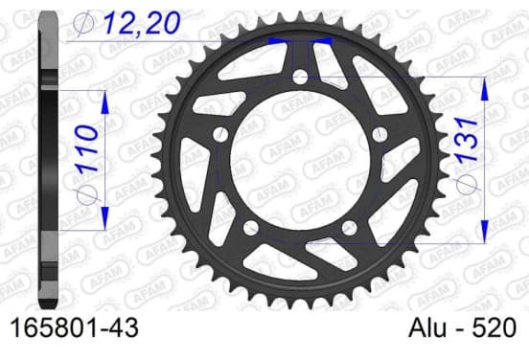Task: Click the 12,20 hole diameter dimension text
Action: (x=141, y=23)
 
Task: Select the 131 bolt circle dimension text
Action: (x=468, y=139)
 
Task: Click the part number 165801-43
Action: (x=75, y=327)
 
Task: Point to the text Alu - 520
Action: (x=462, y=327)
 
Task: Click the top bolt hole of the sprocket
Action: (x=300, y=78)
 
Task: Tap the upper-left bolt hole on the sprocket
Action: (x=221, y=134)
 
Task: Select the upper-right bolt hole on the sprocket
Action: (x=379, y=134)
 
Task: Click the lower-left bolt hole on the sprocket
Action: (x=251, y=228)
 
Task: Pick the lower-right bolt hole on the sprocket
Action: (x=349, y=228)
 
